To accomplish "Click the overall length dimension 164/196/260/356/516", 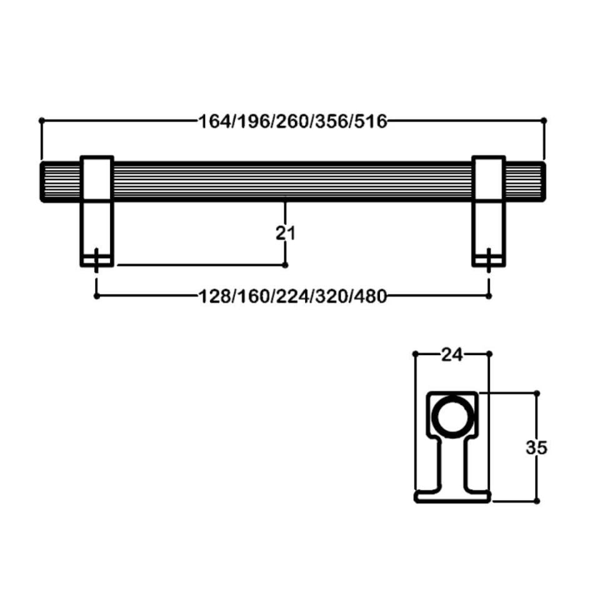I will (292, 120).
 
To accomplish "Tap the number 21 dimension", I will (286, 232).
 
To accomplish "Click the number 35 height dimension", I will (537, 447).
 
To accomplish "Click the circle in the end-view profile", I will (452, 417).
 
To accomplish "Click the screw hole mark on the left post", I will (97, 259).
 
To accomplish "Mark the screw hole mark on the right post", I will (489, 259).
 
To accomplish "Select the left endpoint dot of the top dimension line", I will (41, 119).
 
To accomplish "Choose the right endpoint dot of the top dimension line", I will (544, 119).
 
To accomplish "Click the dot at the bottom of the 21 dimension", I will (286, 265).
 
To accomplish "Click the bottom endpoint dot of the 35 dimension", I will (537, 501).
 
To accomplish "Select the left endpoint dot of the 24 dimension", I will (416, 354).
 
